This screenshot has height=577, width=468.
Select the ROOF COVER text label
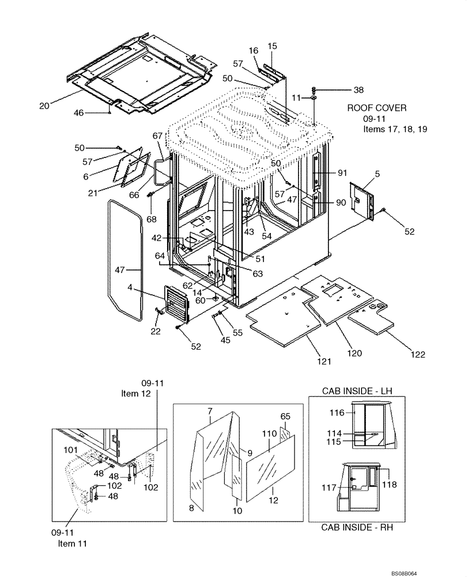click(x=376, y=108)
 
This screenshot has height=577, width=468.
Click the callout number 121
click(x=323, y=362)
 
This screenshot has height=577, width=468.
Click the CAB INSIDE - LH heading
click(x=357, y=391)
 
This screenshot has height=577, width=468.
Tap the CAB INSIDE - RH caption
click(x=357, y=526)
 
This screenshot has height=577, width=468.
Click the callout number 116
click(x=337, y=413)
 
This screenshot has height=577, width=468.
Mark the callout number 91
click(x=342, y=172)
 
